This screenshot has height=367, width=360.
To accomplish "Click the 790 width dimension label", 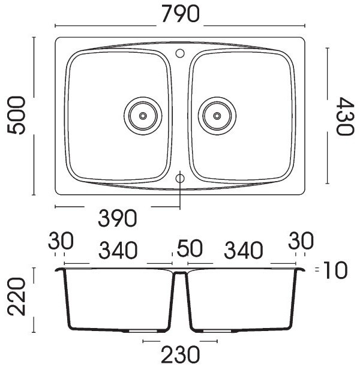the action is tap(181, 14).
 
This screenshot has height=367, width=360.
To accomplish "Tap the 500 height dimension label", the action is tap(16, 115).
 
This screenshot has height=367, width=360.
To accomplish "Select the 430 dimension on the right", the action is tap(344, 116).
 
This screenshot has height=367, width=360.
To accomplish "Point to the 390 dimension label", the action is tap(118, 218).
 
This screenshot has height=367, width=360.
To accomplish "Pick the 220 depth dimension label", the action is tap(16, 296).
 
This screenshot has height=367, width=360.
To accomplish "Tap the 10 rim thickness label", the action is tap(335, 270).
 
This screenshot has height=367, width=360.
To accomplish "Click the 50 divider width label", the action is tap(189, 248).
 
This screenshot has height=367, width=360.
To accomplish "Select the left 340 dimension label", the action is tap(118, 250).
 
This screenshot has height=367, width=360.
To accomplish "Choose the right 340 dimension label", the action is tap(244, 250).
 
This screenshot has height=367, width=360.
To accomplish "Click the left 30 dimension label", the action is tap(61, 240).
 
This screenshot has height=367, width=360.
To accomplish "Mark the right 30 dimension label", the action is tap(301, 240).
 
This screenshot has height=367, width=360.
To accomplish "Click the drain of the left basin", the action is tap(143, 116).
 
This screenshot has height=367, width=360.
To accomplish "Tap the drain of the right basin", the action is tap(217, 116).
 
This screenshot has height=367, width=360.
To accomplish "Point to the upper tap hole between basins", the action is tap(180, 53).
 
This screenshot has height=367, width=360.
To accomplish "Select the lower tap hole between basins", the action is tap(180, 179).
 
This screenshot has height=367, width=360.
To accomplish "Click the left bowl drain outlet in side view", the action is tap(143, 331).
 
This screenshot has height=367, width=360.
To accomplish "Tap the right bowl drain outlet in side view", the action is tap(217, 331).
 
